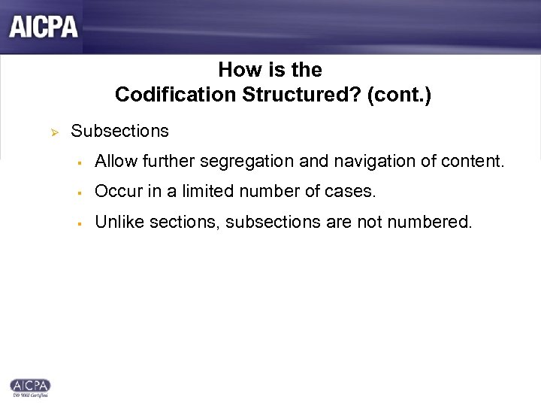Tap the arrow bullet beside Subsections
click(53, 132)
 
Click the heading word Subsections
click(120, 131)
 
